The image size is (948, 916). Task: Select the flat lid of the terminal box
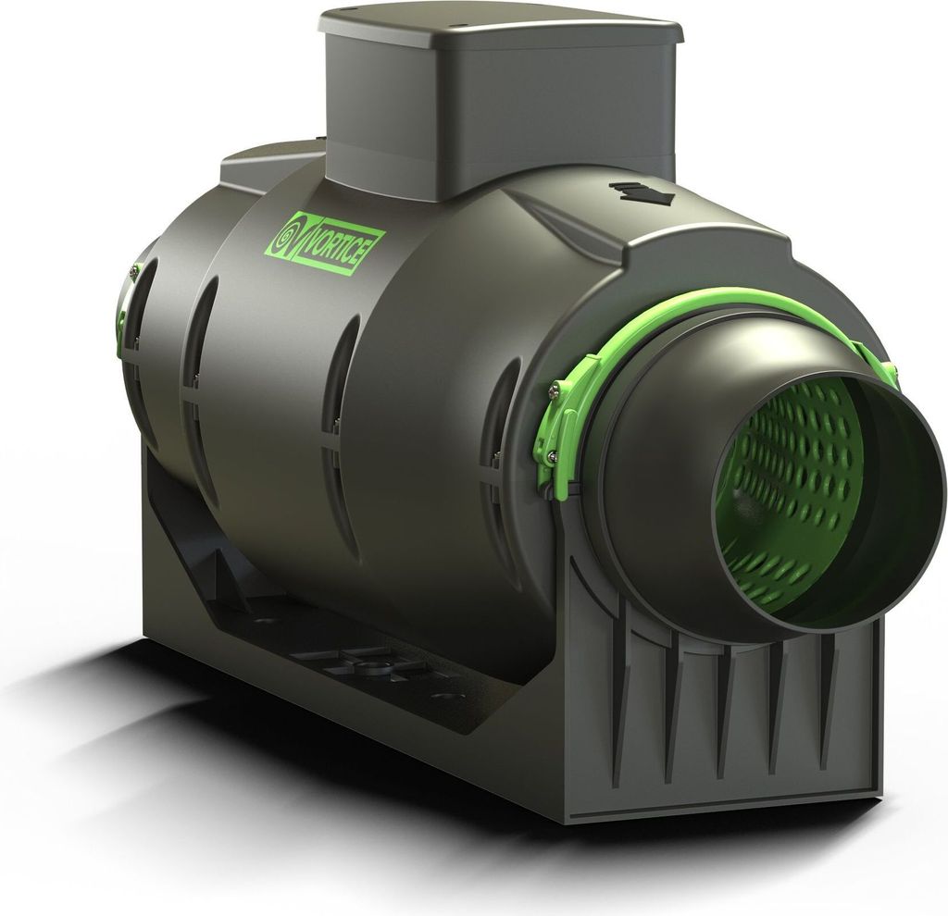click(500, 25)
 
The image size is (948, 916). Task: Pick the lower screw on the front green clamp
click(552, 452)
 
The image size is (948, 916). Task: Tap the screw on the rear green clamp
click(133, 271)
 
